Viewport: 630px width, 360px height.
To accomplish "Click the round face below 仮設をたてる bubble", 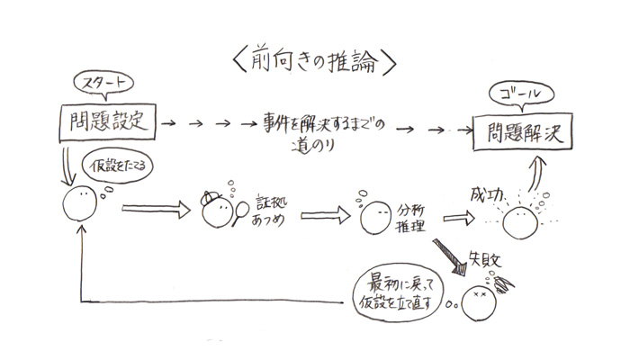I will coord(81,203).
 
